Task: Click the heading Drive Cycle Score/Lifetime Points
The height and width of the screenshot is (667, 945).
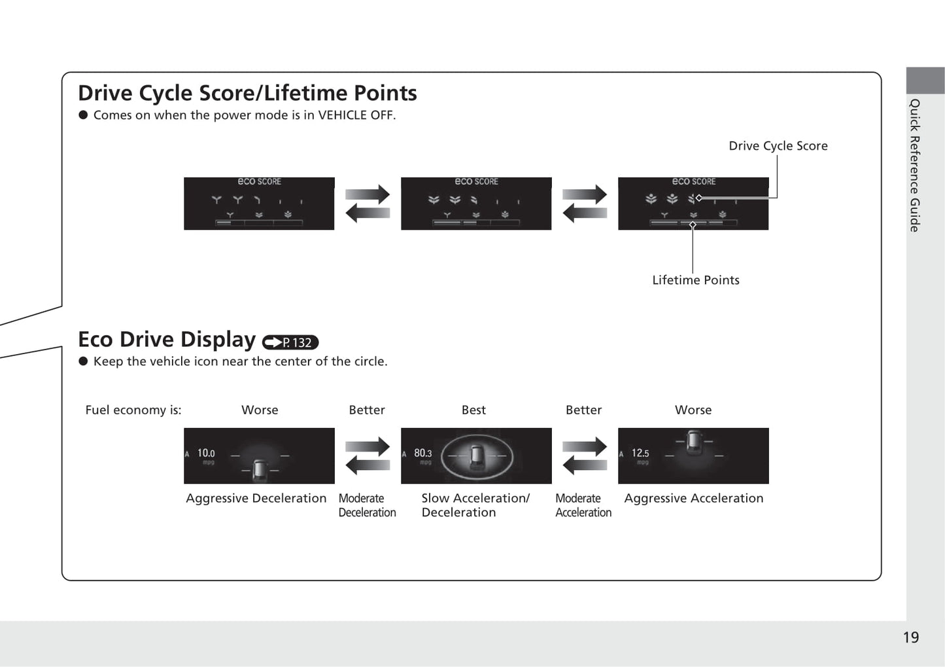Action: (247, 93)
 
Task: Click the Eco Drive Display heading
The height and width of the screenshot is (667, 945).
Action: (167, 340)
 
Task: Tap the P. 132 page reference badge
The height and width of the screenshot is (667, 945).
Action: (290, 342)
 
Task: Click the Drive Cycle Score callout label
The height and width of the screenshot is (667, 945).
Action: (778, 146)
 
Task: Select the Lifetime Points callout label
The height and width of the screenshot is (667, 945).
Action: (695, 280)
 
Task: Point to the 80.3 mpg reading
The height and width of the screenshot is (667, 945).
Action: (422, 453)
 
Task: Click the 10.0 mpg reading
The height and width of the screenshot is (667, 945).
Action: (206, 453)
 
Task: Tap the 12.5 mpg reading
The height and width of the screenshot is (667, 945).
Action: (640, 453)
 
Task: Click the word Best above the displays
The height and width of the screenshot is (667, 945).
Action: (473, 410)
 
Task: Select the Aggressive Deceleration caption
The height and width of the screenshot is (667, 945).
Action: (256, 498)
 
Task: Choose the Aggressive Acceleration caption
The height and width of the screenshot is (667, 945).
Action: (693, 498)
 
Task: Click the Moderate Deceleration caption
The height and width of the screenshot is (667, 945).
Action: (367, 505)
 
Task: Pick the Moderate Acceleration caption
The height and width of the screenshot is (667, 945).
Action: (583, 505)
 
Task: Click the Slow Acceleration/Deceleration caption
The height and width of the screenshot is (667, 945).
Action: (475, 505)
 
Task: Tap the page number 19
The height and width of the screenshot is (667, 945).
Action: (910, 638)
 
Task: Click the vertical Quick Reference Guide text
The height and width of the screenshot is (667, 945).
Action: (915, 165)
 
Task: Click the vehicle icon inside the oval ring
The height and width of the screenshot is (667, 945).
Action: (476, 455)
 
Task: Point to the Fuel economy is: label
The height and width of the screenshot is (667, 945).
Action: (133, 410)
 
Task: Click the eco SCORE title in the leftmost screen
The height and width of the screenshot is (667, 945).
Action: (259, 181)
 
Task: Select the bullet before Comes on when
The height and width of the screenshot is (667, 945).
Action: (83, 115)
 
